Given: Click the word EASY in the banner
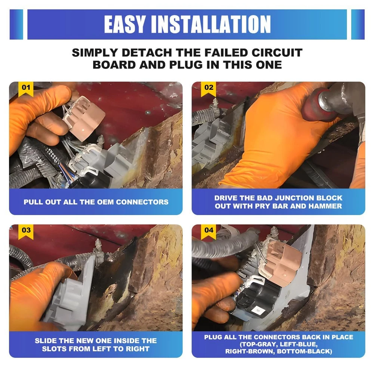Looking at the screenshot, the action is pos(124,24).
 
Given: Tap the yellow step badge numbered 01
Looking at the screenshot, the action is pos(26,89).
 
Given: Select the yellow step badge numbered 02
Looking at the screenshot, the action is pos(208,89).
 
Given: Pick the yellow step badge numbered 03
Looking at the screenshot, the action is pos(26,232).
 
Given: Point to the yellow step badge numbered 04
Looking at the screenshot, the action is pos(208,232).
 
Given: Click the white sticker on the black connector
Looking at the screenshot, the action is pos(258,310).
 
